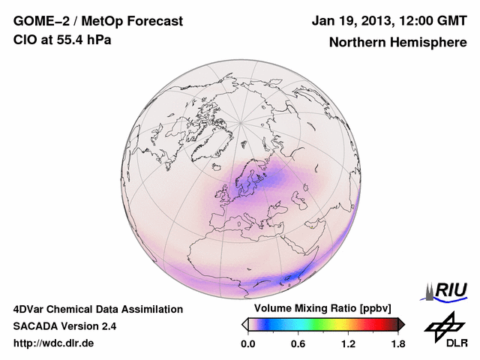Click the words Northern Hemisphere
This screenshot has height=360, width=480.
[x=397, y=42]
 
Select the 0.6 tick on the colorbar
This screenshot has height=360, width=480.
[x=298, y=344]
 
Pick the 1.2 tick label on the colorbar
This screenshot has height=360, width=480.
[x=348, y=344]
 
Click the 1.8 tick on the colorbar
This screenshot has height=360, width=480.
[x=397, y=344]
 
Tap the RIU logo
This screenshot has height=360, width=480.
[x=446, y=290]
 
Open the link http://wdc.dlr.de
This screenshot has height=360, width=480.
[x=54, y=343]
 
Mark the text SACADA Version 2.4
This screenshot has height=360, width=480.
[x=64, y=326]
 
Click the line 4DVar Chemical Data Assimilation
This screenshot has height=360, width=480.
[x=97, y=309]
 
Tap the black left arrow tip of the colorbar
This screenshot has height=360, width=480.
[x=244, y=324]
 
